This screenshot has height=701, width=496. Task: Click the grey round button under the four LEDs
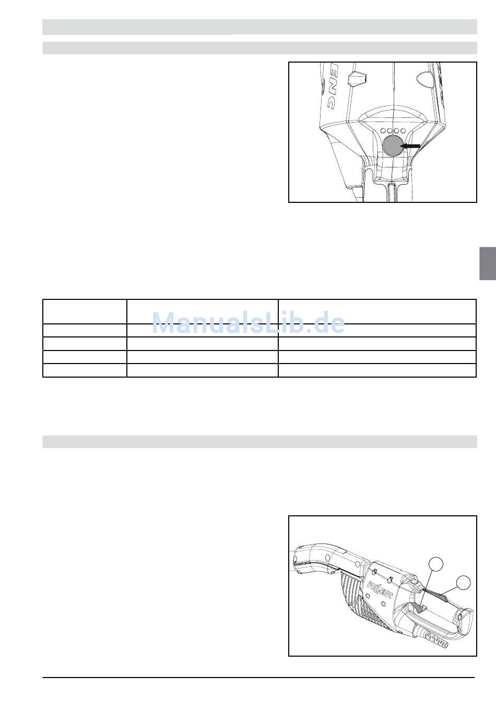393,146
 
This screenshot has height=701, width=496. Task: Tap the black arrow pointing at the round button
410,146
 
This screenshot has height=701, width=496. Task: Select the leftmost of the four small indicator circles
383,130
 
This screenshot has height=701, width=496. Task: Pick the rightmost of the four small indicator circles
403,130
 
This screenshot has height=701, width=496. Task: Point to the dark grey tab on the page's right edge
488,263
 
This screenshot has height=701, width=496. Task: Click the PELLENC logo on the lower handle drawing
380,589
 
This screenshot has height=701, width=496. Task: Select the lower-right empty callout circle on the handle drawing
463,583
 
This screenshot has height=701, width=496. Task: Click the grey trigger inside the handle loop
420,607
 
